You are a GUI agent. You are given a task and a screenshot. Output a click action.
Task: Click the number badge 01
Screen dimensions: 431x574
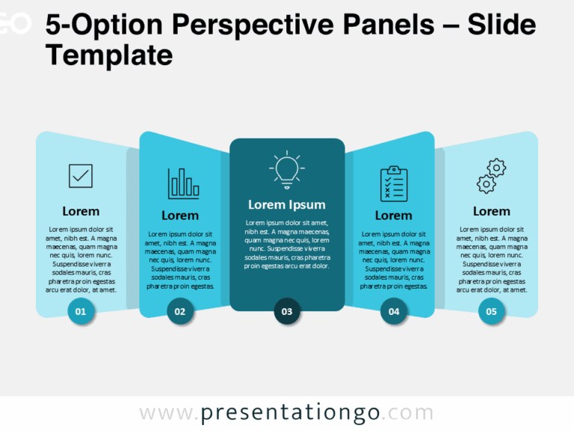[x=81, y=311]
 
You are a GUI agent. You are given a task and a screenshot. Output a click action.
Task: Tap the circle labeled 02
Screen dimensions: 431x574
[x=180, y=311]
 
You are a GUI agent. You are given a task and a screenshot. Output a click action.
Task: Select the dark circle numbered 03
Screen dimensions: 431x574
[x=287, y=311]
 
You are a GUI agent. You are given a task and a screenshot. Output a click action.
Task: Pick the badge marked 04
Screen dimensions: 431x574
[x=394, y=311]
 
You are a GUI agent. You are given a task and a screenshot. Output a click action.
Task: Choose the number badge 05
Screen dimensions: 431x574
[x=491, y=311]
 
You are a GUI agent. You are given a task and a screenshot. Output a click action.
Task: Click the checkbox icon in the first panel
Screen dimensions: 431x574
[x=81, y=177]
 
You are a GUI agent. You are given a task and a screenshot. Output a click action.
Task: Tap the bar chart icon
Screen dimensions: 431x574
[x=183, y=183]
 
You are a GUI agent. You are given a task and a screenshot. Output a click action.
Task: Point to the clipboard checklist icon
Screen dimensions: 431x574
[x=393, y=184]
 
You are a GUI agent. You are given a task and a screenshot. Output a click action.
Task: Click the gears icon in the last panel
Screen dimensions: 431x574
[x=491, y=177]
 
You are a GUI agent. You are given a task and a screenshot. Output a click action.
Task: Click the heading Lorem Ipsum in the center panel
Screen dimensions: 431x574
[x=287, y=204]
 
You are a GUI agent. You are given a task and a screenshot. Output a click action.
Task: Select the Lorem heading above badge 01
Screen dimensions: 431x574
[x=81, y=211]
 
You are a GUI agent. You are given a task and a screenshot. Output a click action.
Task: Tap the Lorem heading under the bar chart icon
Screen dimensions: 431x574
[x=180, y=215]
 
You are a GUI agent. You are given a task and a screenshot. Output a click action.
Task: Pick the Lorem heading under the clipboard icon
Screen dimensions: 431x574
[x=394, y=215]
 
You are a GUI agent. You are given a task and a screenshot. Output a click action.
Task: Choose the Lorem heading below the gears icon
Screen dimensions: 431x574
[x=491, y=211]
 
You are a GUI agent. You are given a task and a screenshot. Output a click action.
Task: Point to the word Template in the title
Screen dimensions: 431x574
[x=109, y=55]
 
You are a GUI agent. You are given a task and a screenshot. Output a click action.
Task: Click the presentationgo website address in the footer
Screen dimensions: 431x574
[x=287, y=413]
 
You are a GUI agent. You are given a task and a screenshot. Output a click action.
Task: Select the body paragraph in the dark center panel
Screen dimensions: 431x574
[x=287, y=244]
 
